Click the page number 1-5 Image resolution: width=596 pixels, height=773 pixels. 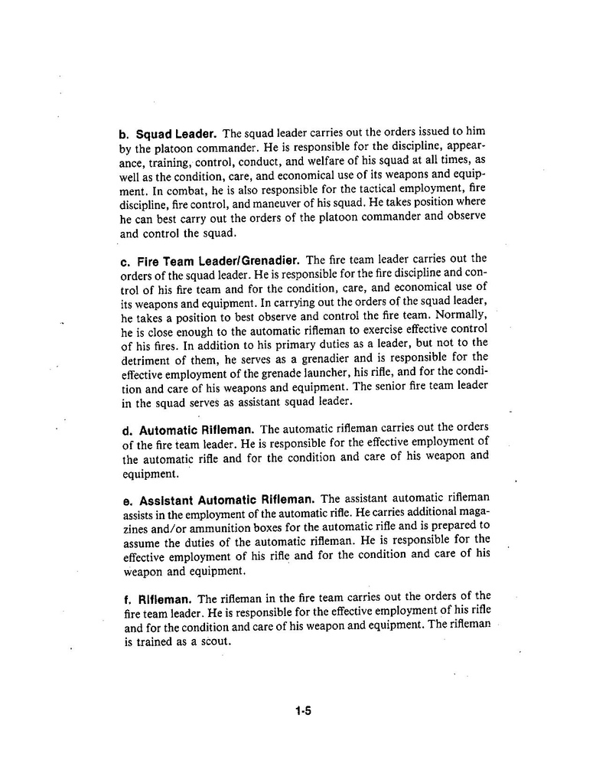pyautogui.click(x=303, y=711)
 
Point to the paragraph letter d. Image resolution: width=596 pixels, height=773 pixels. pyautogui.click(x=127, y=430)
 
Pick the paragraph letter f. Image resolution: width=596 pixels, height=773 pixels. pyautogui.click(x=126, y=599)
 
